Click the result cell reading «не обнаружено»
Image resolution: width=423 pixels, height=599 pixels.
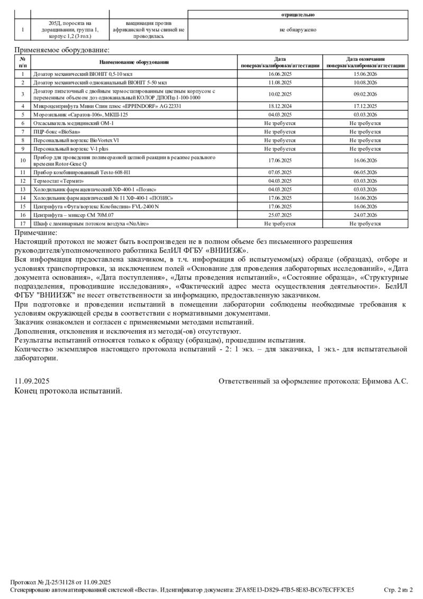(298, 30)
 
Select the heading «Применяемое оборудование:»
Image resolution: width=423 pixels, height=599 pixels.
(62, 50)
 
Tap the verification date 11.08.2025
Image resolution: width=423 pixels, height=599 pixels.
(280, 83)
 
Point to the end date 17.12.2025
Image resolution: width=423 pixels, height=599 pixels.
(365, 106)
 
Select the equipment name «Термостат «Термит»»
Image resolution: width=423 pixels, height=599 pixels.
(58, 180)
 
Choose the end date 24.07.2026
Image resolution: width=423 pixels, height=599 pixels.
(365, 215)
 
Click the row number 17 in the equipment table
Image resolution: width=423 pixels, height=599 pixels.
(23, 224)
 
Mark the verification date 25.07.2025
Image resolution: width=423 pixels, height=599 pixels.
(280, 215)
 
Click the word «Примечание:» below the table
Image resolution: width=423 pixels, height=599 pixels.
(36, 233)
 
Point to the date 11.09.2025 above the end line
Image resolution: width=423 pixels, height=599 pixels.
(32, 381)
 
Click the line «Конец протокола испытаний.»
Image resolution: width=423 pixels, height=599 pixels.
(68, 391)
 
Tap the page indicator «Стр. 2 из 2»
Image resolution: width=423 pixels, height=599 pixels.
(398, 589)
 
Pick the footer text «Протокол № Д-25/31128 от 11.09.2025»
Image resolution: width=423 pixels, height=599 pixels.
(61, 582)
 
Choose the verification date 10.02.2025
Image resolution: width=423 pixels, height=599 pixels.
(280, 94)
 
